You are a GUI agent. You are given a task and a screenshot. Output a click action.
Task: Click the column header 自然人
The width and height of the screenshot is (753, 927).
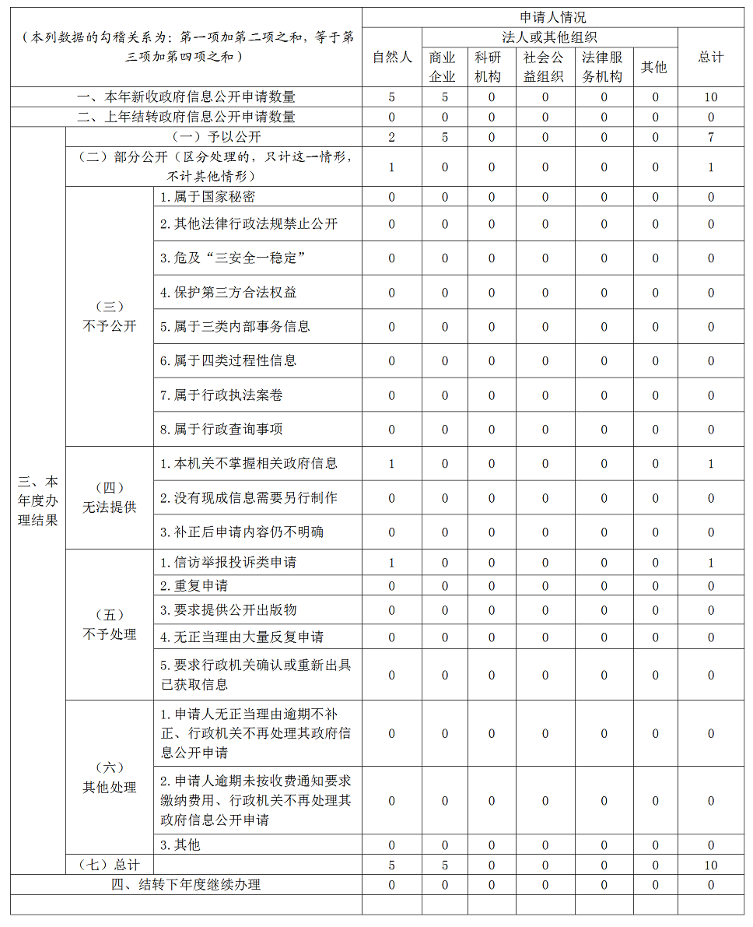click(391, 58)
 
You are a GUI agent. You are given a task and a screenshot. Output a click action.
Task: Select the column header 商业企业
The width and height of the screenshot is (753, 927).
click(443, 67)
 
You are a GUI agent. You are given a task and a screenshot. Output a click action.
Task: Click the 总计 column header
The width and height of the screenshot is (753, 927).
click(710, 58)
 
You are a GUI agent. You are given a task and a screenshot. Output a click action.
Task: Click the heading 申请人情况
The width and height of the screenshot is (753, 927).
click(552, 17)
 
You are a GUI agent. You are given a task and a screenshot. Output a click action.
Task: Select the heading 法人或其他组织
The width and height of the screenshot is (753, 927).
click(549, 37)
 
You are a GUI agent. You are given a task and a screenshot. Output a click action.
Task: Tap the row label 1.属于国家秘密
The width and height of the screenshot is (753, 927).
click(208, 197)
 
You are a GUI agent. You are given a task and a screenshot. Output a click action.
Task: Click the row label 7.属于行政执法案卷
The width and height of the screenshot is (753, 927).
click(221, 395)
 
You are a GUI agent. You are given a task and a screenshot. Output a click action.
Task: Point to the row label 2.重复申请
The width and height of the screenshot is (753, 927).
click(194, 585)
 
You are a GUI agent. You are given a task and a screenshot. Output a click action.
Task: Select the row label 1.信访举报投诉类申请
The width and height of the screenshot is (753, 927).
click(228, 562)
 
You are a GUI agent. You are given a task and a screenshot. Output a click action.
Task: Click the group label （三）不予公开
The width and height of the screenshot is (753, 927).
click(109, 316)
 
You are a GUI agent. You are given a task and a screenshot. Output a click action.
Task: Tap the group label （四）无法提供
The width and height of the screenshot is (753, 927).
click(109, 497)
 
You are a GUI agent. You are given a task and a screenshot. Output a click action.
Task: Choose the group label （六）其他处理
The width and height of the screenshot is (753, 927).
click(109, 778)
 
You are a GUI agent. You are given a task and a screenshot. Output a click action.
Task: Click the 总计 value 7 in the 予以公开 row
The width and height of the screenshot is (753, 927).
click(710, 138)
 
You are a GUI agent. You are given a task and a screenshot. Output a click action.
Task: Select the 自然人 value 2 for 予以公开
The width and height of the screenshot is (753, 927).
click(391, 138)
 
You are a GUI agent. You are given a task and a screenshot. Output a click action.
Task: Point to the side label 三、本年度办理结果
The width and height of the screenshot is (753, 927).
click(37, 500)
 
